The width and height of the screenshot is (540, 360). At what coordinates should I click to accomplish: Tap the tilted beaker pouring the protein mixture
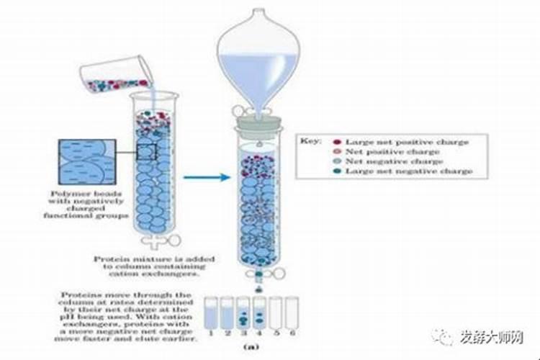point(115,76)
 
